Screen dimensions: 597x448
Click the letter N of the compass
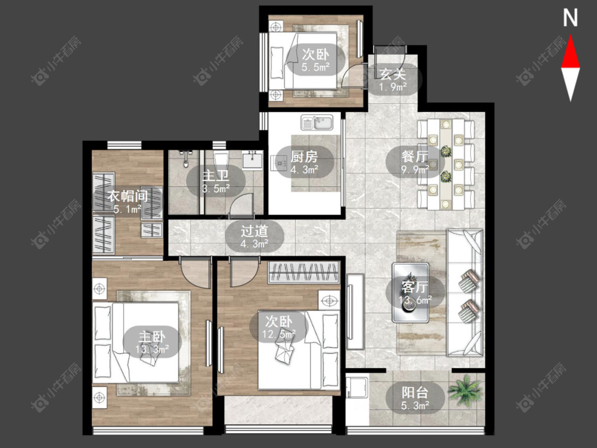point(570,18)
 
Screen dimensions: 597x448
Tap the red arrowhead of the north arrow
point(570,52)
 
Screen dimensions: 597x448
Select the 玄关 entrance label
point(393,74)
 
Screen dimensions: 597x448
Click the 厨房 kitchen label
point(304,157)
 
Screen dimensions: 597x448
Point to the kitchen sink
point(317,122)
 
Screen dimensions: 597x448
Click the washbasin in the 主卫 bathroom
point(252,159)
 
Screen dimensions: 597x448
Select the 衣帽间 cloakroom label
point(127,196)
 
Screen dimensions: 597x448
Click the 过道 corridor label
point(254,231)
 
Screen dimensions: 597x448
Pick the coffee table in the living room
point(410,292)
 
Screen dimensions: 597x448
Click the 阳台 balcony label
point(415,392)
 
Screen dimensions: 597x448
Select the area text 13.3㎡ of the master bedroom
point(152,349)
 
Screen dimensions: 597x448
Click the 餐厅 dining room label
point(415,157)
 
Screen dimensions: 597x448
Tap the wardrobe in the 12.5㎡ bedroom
point(304,272)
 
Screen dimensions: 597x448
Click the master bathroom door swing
point(241,206)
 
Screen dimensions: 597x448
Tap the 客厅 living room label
point(415,287)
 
